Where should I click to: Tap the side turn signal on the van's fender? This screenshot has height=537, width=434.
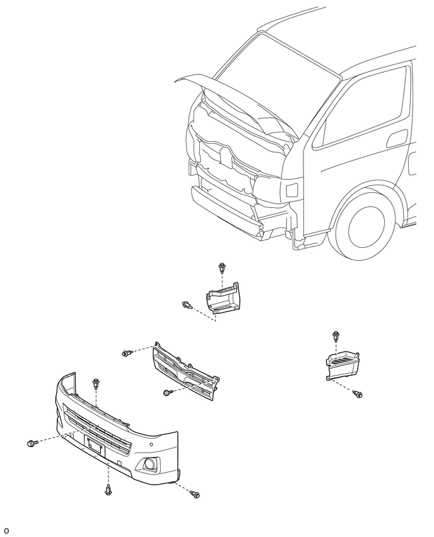pos(291,190)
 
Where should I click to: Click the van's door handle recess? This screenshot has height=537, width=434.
pos(397,139)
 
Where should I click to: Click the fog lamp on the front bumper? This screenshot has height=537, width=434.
pos(150,464)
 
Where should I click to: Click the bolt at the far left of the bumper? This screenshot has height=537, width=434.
pos(31,443)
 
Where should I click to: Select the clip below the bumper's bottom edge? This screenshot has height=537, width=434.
pos(108,490)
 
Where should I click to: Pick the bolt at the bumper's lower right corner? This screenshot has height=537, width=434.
pos(195,494)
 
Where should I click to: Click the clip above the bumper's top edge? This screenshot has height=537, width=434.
pos(96,384)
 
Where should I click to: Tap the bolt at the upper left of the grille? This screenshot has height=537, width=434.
pos(127,353)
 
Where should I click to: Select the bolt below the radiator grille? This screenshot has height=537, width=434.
pos(168,393)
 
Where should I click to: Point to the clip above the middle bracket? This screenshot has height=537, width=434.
pos(222,268)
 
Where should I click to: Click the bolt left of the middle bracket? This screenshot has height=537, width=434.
pos(187,304)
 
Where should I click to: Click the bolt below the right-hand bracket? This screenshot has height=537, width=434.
pos(358,394)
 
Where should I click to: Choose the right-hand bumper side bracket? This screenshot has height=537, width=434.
pos(343,366)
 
